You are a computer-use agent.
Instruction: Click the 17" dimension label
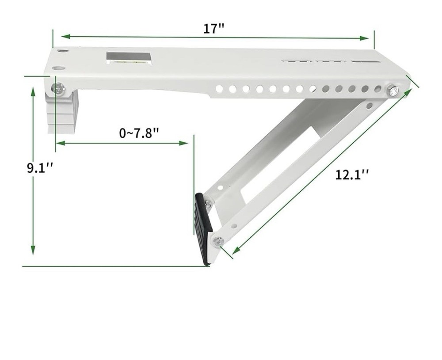tap(214, 29)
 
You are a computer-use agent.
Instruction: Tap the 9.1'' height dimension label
tap(40, 169)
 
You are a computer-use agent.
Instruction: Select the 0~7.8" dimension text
tap(139, 133)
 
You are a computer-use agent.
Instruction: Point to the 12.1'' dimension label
tap(351, 175)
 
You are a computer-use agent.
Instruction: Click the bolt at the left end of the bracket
tap(58, 89)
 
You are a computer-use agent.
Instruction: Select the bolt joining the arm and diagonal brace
tap(392, 91)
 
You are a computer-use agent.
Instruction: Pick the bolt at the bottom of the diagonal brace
tap(218, 241)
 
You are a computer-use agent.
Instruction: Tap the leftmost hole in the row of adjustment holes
tap(219, 89)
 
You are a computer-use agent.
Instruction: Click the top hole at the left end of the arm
tap(63, 52)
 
